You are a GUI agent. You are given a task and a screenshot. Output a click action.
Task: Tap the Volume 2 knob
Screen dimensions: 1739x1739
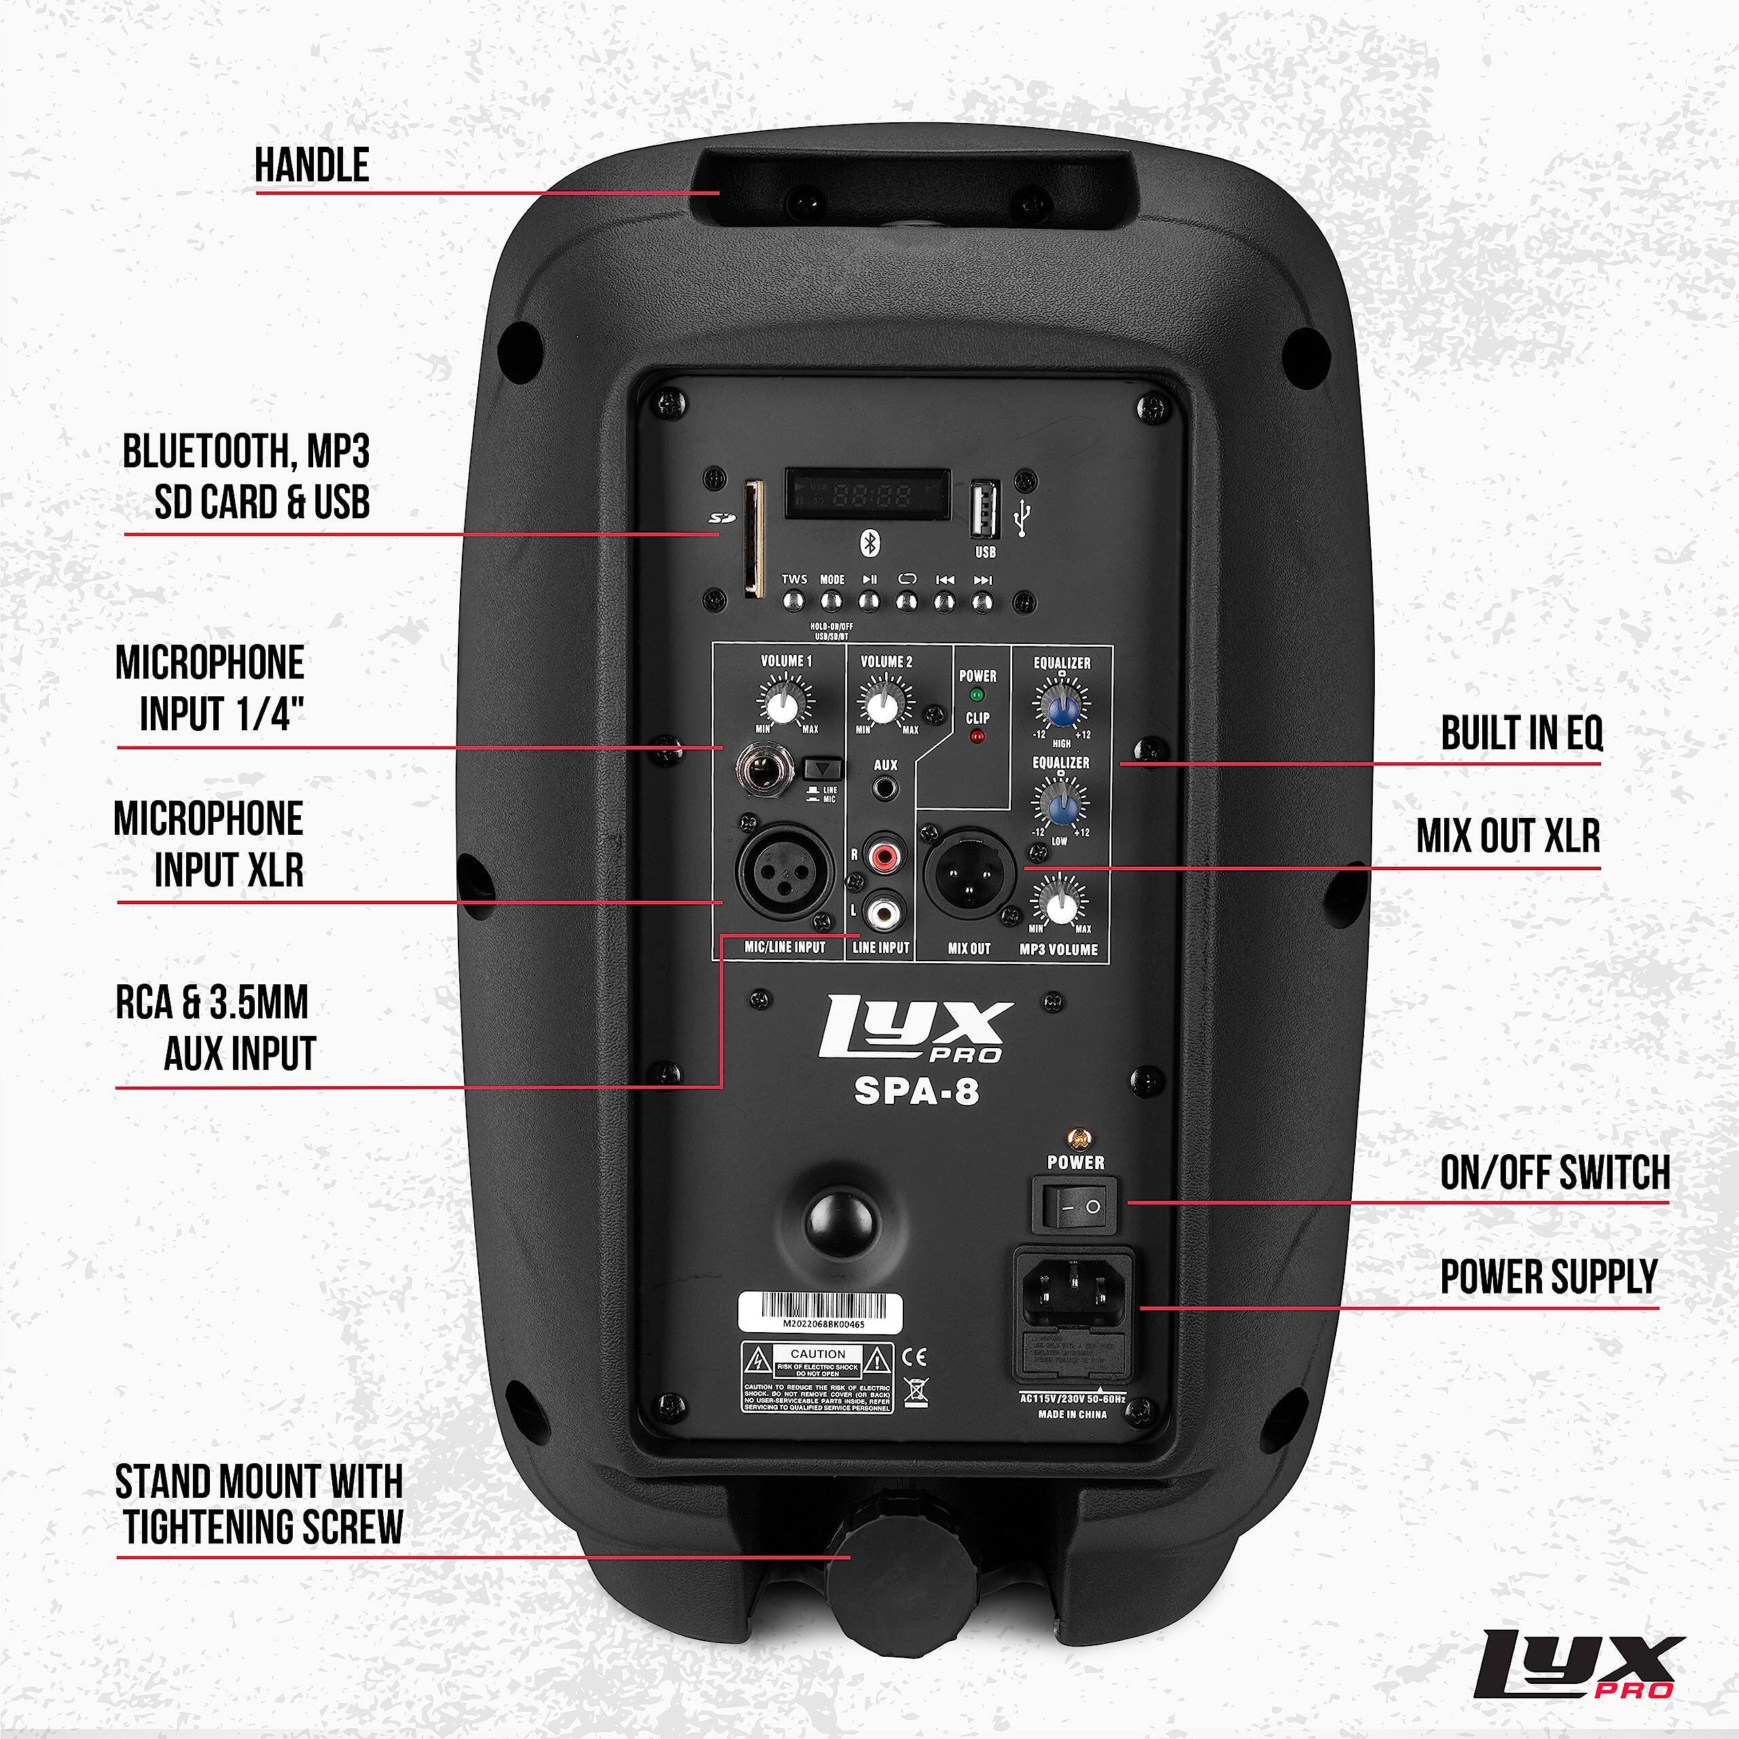coord(886,706)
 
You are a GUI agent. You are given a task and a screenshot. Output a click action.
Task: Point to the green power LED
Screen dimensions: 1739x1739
coord(977,695)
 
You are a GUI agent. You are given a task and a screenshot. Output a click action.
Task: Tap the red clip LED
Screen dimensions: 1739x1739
coord(977,737)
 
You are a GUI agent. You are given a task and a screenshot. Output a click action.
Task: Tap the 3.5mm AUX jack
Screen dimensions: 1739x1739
coord(886,789)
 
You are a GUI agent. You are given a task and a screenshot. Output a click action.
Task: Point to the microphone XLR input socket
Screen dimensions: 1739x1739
coord(785,872)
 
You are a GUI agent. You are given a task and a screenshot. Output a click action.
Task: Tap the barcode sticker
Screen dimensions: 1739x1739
coord(820,1313)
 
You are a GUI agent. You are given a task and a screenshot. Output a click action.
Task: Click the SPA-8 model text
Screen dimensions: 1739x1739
coord(916,1092)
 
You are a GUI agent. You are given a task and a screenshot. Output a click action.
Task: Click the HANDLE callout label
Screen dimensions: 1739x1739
coord(311,166)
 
